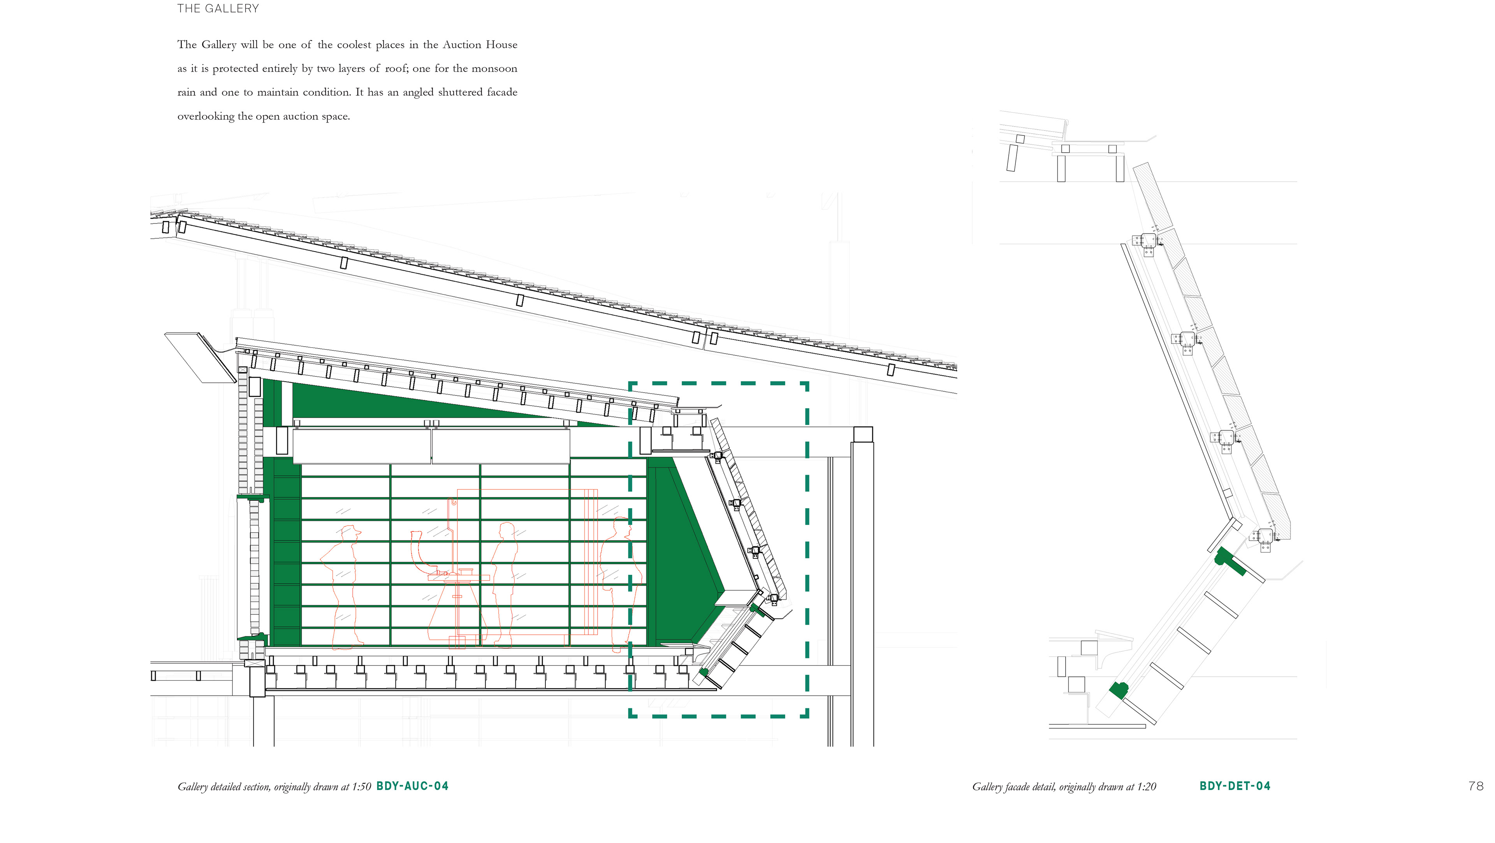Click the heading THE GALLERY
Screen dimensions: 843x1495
(218, 9)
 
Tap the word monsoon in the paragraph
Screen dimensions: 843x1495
(494, 69)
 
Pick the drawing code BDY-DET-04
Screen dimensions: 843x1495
(1235, 786)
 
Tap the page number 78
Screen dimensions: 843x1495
(1476, 786)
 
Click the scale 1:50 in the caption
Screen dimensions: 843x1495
(361, 787)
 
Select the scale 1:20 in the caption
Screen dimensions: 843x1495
(1146, 787)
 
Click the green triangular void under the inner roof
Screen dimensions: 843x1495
(406, 401)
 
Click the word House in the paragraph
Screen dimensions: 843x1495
(501, 45)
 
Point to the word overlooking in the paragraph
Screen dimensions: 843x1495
(206, 116)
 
